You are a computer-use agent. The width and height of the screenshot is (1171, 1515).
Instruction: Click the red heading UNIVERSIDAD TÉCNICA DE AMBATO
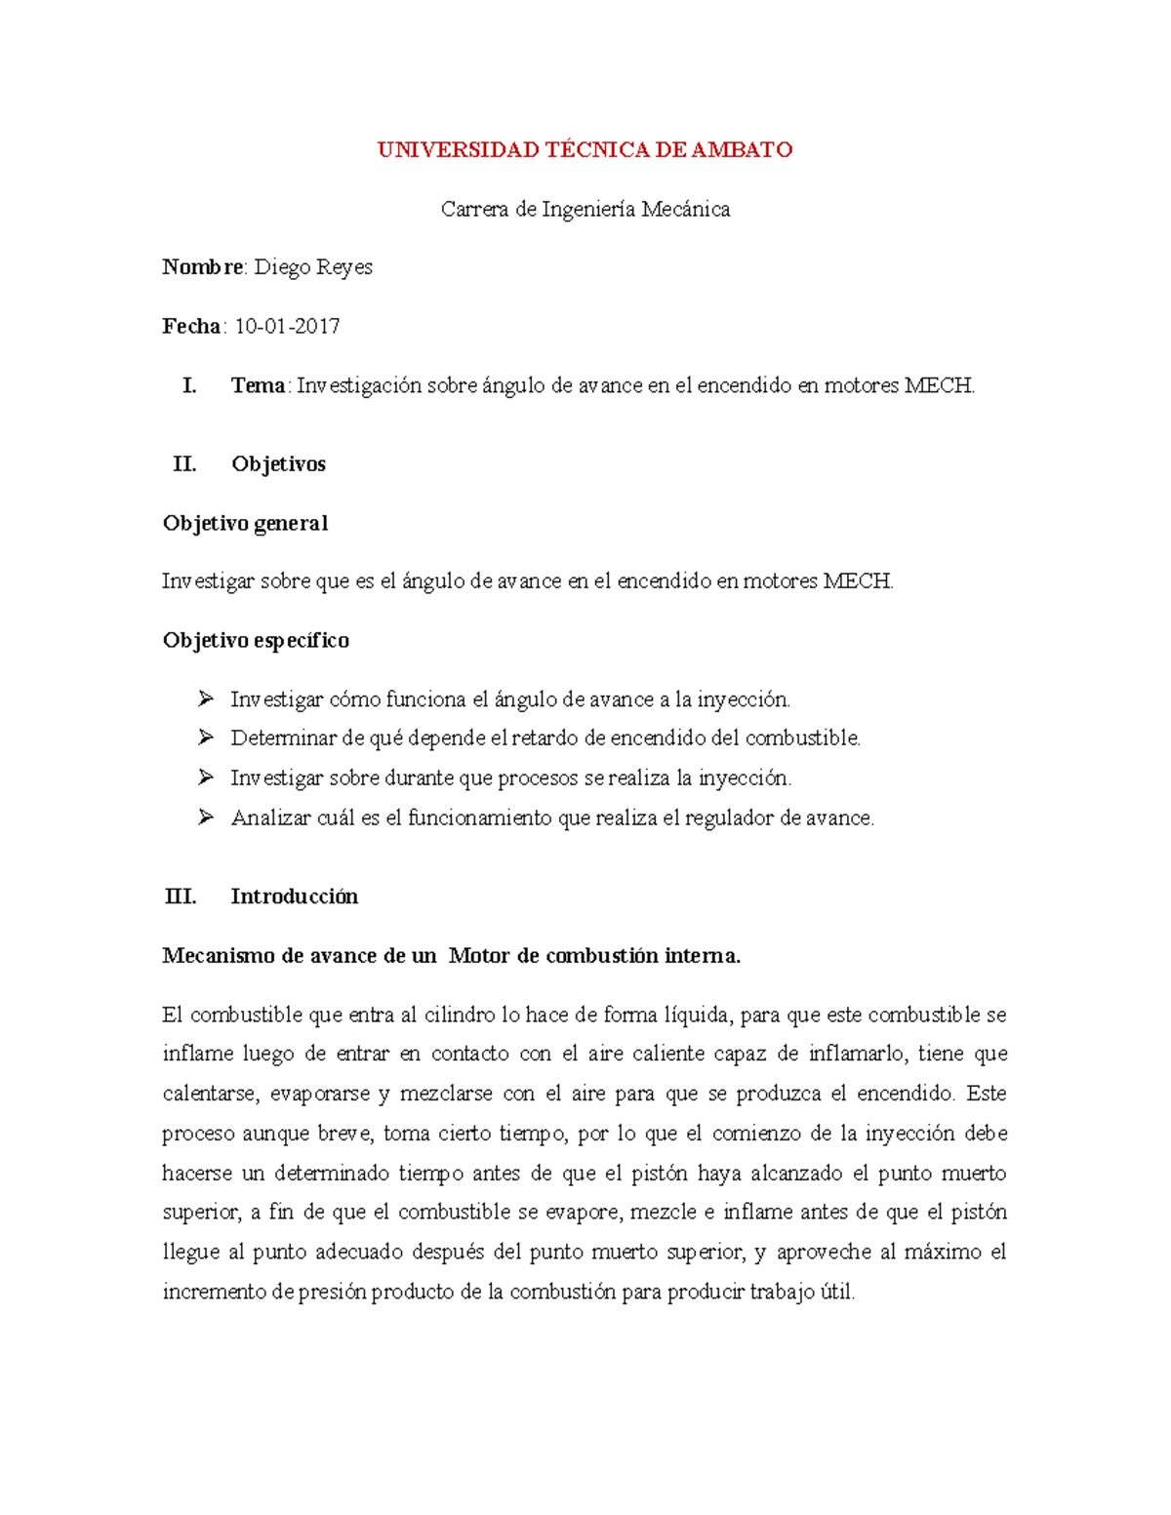585,150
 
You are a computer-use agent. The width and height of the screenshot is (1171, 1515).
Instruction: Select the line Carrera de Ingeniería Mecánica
585,210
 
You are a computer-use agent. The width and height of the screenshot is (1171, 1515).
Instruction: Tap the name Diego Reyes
313,267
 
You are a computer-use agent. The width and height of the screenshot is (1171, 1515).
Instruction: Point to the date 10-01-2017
287,327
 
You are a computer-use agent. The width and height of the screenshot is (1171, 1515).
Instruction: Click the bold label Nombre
203,267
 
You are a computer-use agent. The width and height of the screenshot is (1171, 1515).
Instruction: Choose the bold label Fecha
191,327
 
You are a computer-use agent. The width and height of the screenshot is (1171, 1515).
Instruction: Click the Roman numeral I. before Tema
189,386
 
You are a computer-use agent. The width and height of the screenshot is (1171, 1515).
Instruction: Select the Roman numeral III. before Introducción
181,897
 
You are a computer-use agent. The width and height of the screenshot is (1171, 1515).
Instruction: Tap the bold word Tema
258,386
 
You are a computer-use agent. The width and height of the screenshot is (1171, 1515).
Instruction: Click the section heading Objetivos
278,464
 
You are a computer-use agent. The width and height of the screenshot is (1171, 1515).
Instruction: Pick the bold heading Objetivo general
245,524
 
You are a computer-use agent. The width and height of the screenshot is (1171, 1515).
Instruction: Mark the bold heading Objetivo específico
256,641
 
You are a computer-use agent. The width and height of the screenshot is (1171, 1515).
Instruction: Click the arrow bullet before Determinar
205,738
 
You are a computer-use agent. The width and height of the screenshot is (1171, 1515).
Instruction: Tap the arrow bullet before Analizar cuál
205,817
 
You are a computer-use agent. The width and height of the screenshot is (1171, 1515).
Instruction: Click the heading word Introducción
294,897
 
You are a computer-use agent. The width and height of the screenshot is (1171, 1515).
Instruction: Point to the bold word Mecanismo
219,956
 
